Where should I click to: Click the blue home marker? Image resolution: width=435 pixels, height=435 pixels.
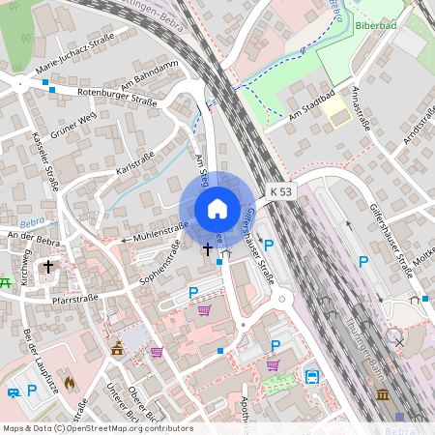click(x=217, y=209)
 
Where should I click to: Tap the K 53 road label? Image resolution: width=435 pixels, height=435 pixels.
click(x=281, y=192)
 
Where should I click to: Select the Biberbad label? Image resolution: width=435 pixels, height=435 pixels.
click(x=376, y=26)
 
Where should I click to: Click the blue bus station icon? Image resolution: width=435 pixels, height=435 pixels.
click(x=312, y=377)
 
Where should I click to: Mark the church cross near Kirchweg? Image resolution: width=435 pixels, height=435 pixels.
click(x=46, y=265)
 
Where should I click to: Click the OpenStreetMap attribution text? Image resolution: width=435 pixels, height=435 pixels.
click(x=97, y=427)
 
